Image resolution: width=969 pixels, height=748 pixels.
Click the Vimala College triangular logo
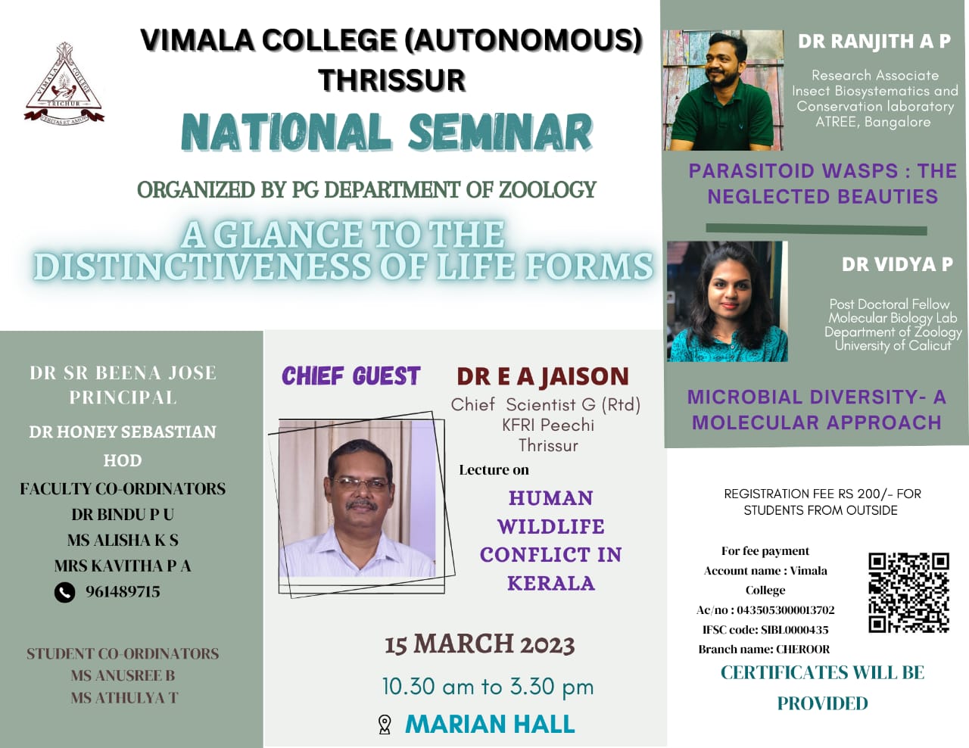coord(64,83)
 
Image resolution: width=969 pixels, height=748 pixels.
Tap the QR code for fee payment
coord(908,593)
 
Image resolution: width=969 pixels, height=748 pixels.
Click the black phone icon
coord(64,593)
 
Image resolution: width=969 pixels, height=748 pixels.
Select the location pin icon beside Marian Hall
coord(385,725)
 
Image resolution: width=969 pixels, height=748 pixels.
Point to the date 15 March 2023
coord(480,644)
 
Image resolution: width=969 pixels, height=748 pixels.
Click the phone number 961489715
coord(123,592)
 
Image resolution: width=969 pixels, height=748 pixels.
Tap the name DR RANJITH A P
coord(874,42)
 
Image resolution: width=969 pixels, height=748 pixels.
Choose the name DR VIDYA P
coord(897,264)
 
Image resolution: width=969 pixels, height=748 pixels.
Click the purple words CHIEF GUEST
coord(351,376)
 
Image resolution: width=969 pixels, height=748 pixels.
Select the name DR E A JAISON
coord(543,376)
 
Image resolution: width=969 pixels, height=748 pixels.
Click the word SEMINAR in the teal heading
coord(500,132)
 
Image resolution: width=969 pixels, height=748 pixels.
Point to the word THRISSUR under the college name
coord(392,79)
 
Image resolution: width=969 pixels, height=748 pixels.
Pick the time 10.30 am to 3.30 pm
coord(488,687)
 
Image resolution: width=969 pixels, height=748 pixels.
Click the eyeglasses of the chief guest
coord(361,485)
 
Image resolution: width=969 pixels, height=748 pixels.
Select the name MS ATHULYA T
coord(124,697)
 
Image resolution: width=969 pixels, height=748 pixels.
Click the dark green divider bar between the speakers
coord(816,229)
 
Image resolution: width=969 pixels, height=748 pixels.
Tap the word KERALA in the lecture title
coord(550,583)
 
